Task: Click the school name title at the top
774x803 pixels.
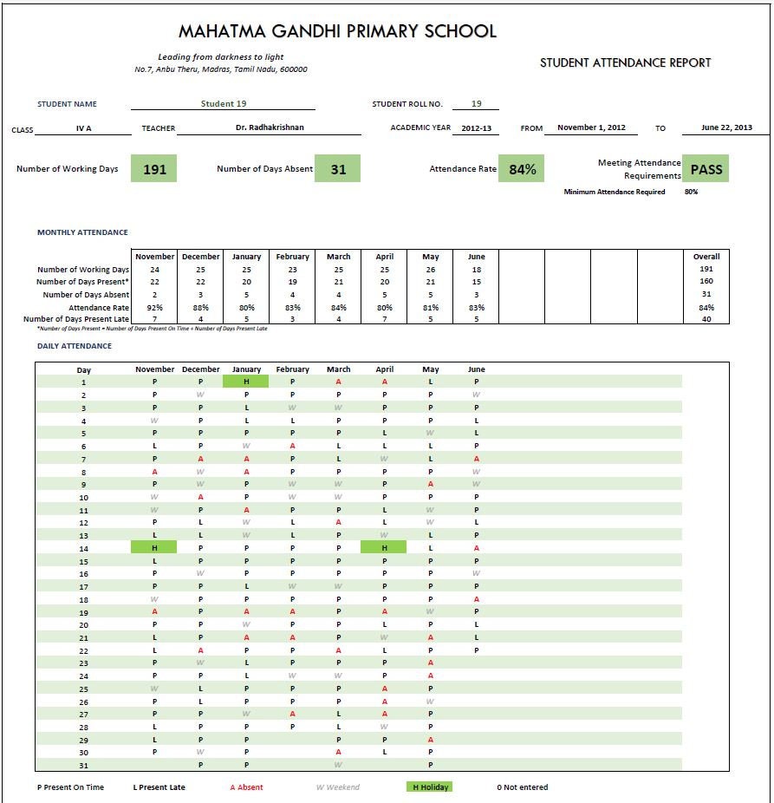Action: [x=337, y=32]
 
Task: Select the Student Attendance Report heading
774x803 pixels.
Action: [x=625, y=63]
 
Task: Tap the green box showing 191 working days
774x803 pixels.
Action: [x=154, y=169]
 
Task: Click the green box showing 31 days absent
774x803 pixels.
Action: [x=338, y=169]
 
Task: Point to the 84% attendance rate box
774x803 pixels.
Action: [x=522, y=169]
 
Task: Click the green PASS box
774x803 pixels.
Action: [x=706, y=169]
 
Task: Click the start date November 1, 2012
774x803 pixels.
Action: [x=591, y=127]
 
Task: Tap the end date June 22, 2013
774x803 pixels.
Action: [x=726, y=127]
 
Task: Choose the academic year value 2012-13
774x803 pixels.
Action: [x=476, y=127]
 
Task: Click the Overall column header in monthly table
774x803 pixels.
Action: [x=706, y=257]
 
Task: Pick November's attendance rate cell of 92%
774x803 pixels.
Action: [x=154, y=307]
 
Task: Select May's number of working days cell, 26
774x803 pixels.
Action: [x=431, y=270]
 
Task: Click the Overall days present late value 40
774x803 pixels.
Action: [x=706, y=320]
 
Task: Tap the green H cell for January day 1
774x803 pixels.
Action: [x=246, y=382]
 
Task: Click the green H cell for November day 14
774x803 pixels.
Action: [x=154, y=547]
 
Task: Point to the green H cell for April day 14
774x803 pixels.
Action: [x=384, y=547]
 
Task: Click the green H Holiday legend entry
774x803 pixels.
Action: [x=429, y=787]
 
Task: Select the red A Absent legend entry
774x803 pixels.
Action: [x=246, y=787]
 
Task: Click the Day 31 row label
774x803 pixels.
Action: [x=83, y=765]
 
